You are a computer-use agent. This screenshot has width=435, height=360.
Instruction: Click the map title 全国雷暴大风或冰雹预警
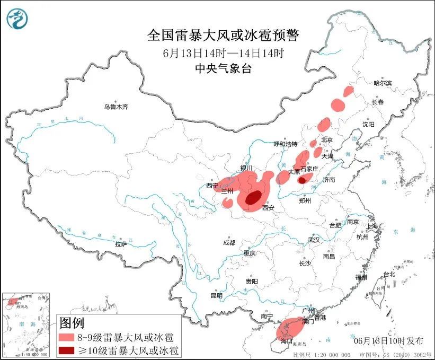coord(223,36)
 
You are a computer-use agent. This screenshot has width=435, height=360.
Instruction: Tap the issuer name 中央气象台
coord(223,68)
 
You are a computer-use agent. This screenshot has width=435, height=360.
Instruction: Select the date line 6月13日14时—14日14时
coord(223,52)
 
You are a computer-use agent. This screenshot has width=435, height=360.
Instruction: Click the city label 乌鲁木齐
coord(116,107)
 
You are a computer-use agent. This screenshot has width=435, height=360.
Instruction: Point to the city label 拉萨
coord(121,244)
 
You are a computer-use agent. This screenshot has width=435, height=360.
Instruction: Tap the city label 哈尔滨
coord(382,83)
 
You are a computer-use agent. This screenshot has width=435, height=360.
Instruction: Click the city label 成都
coord(229,242)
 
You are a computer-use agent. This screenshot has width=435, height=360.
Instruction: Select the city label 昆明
coord(217,295)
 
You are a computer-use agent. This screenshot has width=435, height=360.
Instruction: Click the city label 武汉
coord(314,240)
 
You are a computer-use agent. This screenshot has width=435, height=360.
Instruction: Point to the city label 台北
coord(389,274)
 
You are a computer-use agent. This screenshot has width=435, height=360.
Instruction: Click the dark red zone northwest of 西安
coord(253,198)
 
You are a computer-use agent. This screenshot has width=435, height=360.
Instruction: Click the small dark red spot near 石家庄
coord(301,180)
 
